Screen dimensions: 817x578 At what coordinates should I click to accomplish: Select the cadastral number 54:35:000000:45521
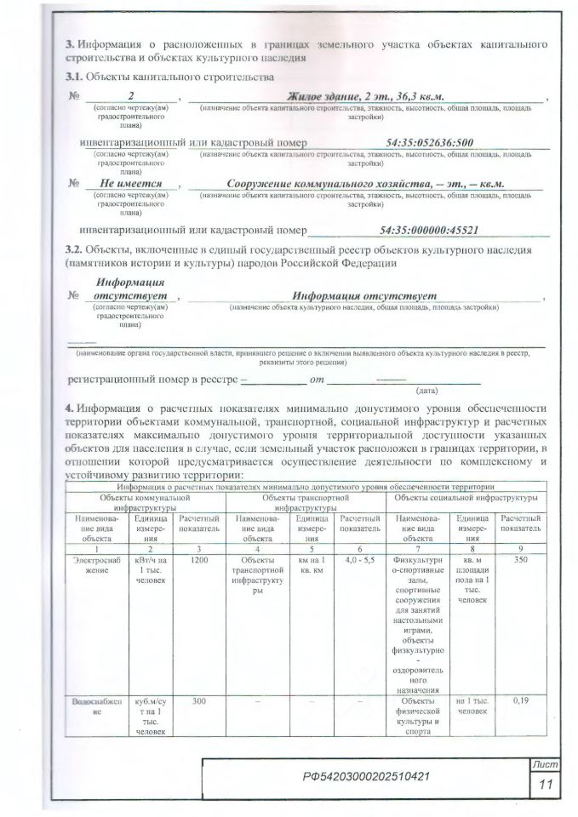tap(430, 230)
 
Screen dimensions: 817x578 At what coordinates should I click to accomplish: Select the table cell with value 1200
tap(200, 562)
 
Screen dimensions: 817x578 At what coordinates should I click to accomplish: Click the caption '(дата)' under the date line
tap(426, 391)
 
